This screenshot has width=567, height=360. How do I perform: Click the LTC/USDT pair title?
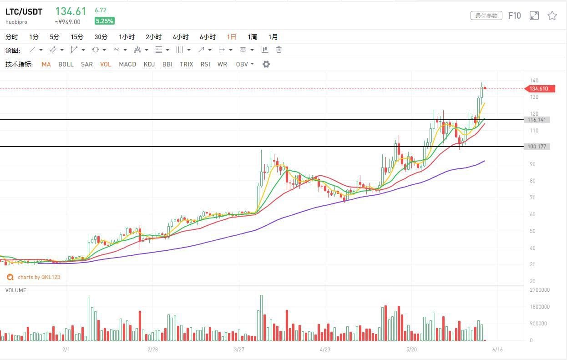tap(24, 11)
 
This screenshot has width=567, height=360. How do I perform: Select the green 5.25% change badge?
tap(104, 21)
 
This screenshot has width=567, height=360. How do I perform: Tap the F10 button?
tap(514, 15)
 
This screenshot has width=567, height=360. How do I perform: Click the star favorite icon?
tap(552, 15)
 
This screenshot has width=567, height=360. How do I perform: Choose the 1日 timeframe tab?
tap(232, 37)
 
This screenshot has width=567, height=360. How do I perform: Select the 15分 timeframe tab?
tap(77, 37)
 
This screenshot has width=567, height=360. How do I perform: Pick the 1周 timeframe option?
tap(252, 37)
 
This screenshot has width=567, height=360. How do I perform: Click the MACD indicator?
tap(127, 64)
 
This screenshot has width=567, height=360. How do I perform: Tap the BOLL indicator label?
tap(66, 64)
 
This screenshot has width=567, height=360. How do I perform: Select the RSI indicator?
tap(205, 64)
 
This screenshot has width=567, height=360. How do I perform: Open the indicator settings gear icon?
tap(266, 64)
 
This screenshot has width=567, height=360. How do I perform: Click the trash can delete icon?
tap(279, 50)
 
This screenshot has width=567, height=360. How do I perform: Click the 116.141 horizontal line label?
tap(537, 120)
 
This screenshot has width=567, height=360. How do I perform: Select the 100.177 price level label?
tap(537, 147)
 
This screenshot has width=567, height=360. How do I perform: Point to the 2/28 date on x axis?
tap(153, 350)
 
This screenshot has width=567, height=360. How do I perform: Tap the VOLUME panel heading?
tap(16, 290)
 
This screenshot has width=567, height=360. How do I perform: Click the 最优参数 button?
tap(486, 15)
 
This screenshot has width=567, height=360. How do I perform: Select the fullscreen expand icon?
tap(534, 15)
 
